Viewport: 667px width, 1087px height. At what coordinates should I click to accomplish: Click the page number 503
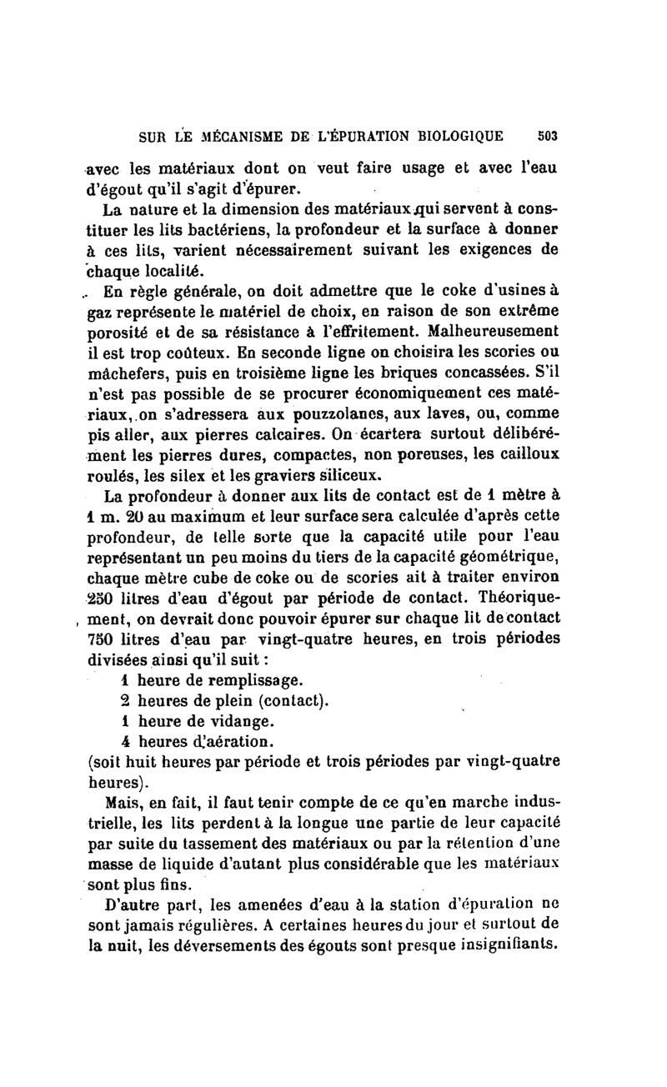click(x=548, y=136)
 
